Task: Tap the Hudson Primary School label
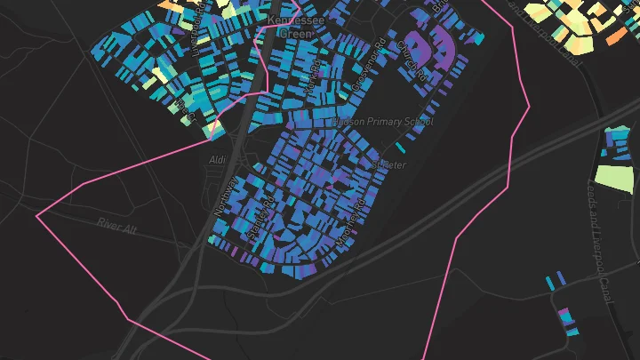(383, 122)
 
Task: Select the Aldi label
(218, 159)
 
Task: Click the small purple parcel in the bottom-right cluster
(563, 316)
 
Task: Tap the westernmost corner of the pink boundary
(37, 216)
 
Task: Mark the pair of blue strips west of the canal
(554, 281)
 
